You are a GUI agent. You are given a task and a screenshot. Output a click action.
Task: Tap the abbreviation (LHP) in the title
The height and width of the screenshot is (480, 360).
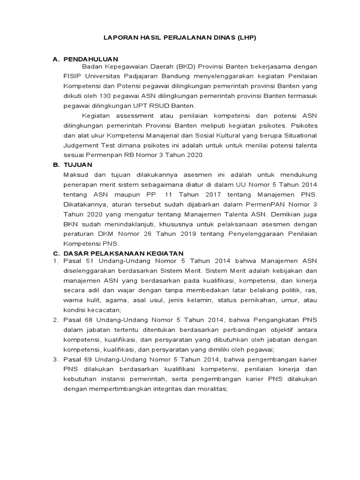247,38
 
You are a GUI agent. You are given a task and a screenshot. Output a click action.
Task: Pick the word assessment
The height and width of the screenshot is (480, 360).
132,115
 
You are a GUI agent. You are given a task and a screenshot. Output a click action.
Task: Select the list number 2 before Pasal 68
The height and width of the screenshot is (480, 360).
55,320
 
